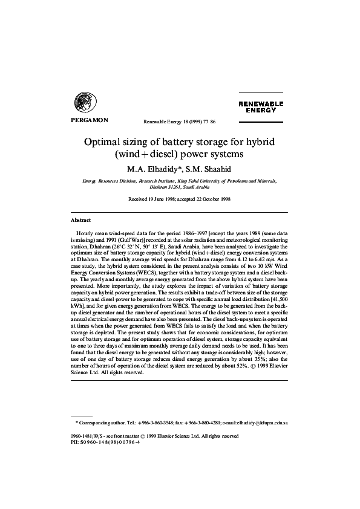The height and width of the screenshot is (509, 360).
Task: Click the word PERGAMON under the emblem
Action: click(85, 120)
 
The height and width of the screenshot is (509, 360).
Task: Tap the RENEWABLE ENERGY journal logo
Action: click(260, 107)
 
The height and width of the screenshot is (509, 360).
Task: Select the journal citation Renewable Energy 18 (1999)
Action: click(172, 122)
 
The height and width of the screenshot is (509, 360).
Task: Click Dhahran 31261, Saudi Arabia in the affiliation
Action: click(180, 187)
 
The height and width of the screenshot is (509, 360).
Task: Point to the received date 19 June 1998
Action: click(162, 199)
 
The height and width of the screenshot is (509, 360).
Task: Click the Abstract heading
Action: click(80, 221)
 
